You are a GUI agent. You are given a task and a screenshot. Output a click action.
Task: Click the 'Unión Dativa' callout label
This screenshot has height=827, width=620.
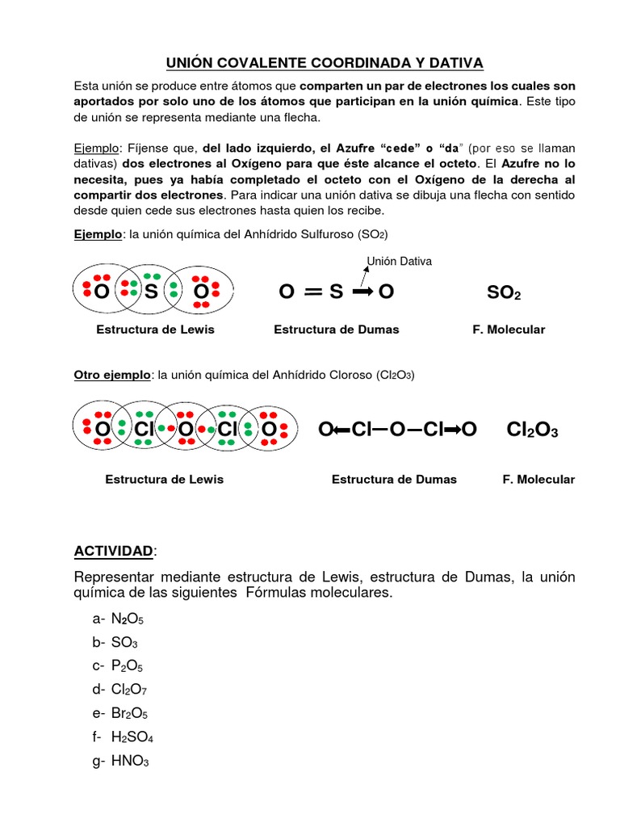pos(399,261)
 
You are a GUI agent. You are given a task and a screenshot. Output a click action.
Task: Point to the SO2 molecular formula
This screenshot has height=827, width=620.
pos(504,293)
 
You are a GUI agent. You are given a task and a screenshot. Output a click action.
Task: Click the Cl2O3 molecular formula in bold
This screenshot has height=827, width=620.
pos(532,431)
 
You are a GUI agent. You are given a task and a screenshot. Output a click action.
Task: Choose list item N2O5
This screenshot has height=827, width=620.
pos(128,619)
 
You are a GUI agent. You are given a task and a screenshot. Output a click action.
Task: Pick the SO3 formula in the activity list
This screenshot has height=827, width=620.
pos(125,642)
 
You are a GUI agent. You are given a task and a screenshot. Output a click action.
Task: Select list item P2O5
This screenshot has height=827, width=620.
pos(128,666)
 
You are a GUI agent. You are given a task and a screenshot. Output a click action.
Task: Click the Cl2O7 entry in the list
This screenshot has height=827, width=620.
pos(129,690)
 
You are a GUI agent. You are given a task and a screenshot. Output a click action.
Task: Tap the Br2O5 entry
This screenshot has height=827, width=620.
pos(129,714)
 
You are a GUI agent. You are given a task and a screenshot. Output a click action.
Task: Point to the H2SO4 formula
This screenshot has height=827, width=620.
pos(132,737)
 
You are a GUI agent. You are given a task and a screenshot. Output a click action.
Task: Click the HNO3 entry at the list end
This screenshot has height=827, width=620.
pos(130,762)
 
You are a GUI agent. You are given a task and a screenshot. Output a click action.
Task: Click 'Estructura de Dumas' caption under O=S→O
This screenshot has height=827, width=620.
pos(337,330)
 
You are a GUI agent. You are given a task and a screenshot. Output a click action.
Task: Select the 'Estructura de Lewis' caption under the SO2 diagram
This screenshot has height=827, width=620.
pos(155,330)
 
